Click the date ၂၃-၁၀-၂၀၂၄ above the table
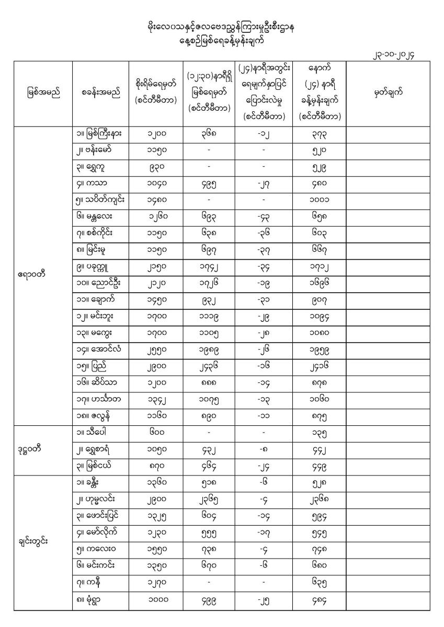[x=399, y=54]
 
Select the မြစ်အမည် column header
[x=43, y=94]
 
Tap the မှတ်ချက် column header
[x=388, y=94]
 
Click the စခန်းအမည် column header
[x=101, y=94]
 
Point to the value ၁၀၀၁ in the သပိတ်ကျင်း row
[x=319, y=201]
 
